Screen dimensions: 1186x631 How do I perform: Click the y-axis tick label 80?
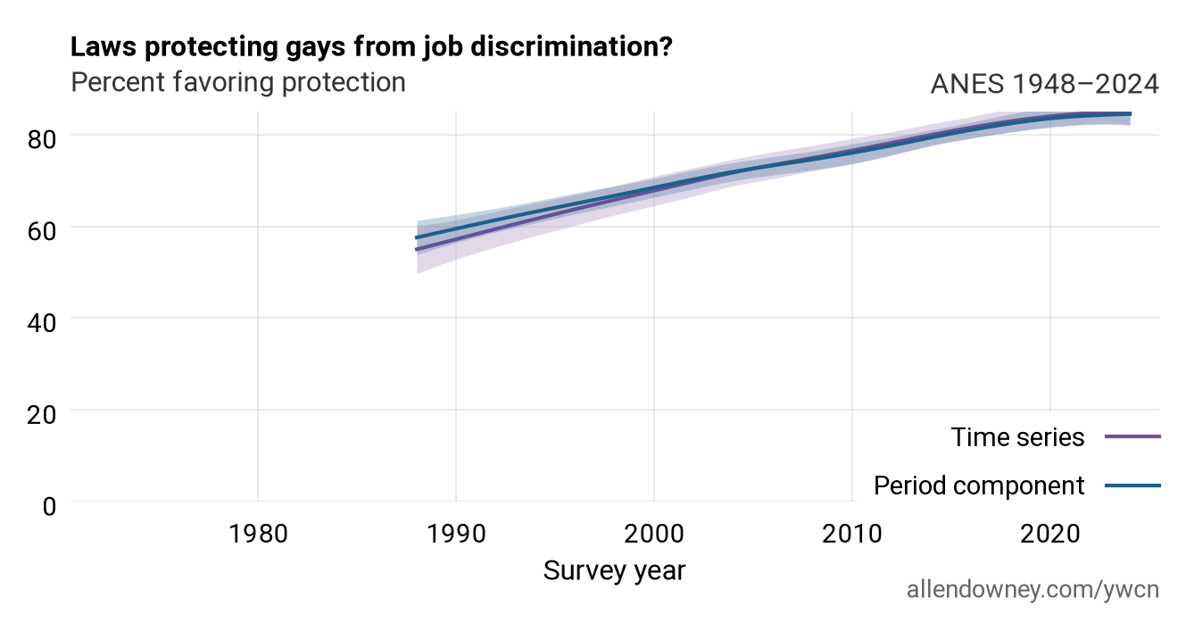pos(41,140)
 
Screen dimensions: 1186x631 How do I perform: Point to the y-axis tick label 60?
pos(41,231)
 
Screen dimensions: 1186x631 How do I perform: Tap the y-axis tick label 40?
pos(41,323)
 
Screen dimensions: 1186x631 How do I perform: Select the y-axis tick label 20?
pos(41,414)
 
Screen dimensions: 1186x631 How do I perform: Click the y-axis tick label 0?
pos(49,507)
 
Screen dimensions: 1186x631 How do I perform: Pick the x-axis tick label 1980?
pos(258,534)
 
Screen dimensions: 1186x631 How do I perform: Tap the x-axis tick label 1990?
pos(456,534)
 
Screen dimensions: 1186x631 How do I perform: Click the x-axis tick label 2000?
pos(654,534)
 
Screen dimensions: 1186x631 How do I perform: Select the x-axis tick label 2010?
pos(852,534)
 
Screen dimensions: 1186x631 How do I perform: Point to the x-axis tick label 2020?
pos(1050,534)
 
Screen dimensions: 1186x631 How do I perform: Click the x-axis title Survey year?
pos(614,571)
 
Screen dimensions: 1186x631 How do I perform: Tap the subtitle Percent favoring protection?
pos(238,83)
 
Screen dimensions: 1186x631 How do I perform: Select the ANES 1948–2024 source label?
pos(1045,84)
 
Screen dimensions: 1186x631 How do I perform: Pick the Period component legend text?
pos(979,486)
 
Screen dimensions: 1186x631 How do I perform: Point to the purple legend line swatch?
pos(1133,436)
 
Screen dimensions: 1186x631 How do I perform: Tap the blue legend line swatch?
pos(1133,486)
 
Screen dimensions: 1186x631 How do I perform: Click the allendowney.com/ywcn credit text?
pos(1033,590)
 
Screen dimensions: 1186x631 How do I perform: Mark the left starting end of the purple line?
pos(416,249)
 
